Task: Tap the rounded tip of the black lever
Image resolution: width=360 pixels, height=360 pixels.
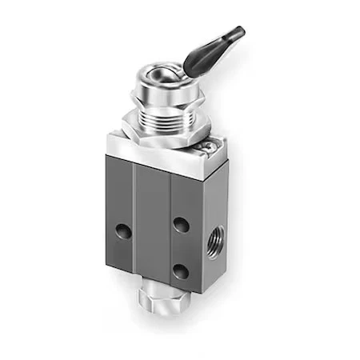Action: pos(237,34)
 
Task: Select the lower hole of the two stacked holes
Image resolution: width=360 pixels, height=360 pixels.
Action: pos(182,270)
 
